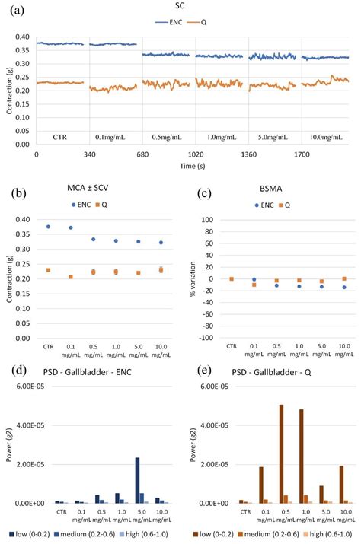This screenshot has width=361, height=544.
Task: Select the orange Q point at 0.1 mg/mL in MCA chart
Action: pos(71,277)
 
